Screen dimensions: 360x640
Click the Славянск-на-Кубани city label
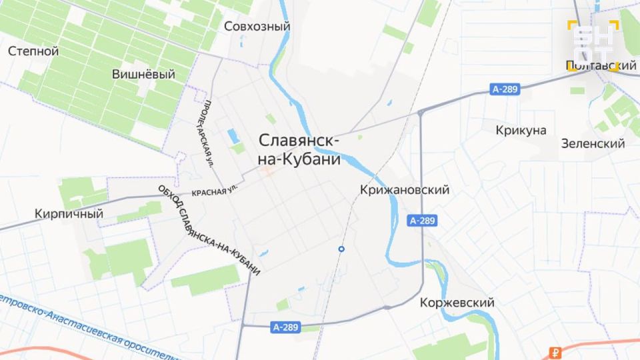coord(299,150)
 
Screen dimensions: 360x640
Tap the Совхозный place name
coord(257,27)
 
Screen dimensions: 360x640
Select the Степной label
coord(33,51)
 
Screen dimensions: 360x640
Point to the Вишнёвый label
coord(143,74)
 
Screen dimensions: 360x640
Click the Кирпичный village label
coord(69,214)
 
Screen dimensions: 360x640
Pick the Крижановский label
coord(404,190)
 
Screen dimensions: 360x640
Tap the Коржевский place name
coord(457,303)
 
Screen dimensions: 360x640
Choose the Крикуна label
coord(521,130)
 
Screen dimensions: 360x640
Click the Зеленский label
coord(593,143)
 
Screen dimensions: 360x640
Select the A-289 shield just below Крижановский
coord(423,221)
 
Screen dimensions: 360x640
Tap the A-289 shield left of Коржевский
coord(286,327)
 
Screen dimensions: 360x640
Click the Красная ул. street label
coord(214,191)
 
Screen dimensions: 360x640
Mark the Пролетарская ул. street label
coord(208,133)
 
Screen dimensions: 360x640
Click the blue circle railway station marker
coord(341,249)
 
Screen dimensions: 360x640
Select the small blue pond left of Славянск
coord(232,136)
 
